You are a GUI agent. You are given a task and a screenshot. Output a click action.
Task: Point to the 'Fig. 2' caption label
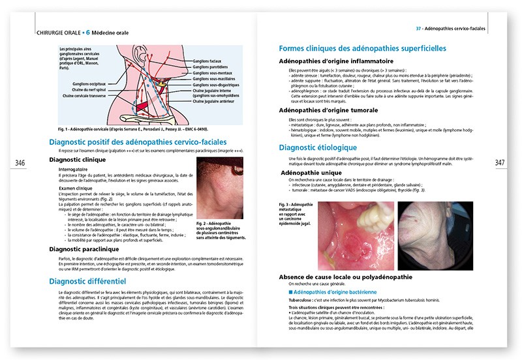point(202,222)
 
